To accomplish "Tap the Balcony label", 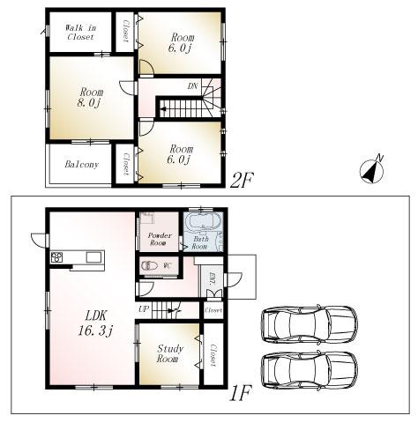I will click(x=81, y=165).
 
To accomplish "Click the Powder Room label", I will click(x=159, y=240).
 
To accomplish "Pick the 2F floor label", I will click(x=241, y=181).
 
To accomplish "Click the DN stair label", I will click(x=192, y=86).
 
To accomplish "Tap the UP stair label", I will click(x=144, y=308).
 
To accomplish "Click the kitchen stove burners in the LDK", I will click(x=57, y=257).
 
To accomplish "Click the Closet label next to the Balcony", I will click(x=126, y=164).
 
